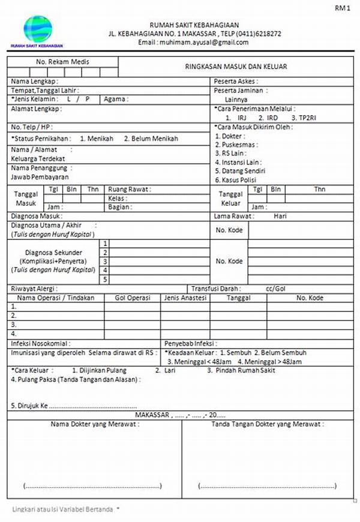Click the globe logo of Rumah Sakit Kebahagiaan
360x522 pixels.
[x=37, y=29]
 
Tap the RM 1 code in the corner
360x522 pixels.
[x=343, y=8]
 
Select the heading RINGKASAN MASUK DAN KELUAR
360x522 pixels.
[x=235, y=66]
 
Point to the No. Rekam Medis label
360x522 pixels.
[x=62, y=62]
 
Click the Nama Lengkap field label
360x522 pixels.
[x=34, y=80]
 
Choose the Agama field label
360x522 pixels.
[x=114, y=99]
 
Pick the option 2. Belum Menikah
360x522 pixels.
[x=151, y=138]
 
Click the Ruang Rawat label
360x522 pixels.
[x=130, y=189]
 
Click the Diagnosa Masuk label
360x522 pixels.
[x=36, y=215]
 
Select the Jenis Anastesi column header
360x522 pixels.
[x=185, y=298]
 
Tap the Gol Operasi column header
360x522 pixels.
[x=132, y=298]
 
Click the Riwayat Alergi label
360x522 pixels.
[x=34, y=289]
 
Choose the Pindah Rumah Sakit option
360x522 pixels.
[x=236, y=370]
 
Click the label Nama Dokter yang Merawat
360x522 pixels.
[x=95, y=424]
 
